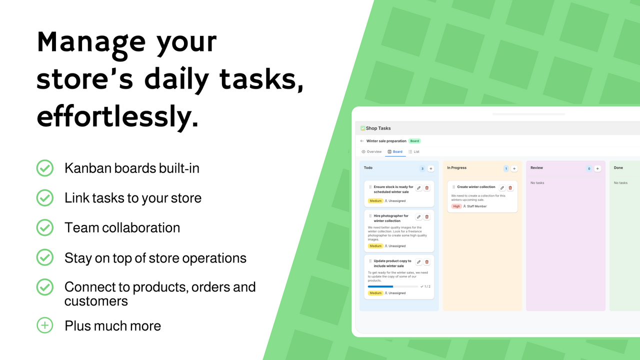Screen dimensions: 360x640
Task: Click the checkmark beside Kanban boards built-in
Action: (45, 168)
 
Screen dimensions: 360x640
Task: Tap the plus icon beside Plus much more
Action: (45, 325)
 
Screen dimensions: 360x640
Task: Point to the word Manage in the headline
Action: (91, 41)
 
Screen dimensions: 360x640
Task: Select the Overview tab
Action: (371, 151)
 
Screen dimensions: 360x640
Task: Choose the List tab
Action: (414, 151)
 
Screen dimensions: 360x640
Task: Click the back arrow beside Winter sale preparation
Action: (362, 141)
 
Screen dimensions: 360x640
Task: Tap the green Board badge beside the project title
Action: (414, 141)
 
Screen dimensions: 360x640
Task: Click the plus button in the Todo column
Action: (431, 168)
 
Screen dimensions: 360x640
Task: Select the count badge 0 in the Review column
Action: (589, 168)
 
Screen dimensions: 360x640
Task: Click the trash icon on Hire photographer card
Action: (427, 216)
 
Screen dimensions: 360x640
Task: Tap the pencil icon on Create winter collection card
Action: (502, 187)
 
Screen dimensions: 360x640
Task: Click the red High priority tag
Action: (456, 206)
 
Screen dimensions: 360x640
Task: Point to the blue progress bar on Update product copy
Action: (380, 286)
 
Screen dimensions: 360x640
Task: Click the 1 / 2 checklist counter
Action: (425, 286)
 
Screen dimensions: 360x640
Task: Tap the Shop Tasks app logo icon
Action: (363, 128)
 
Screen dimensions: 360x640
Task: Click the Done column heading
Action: (618, 168)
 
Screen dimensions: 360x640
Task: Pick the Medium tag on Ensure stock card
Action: (375, 200)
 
